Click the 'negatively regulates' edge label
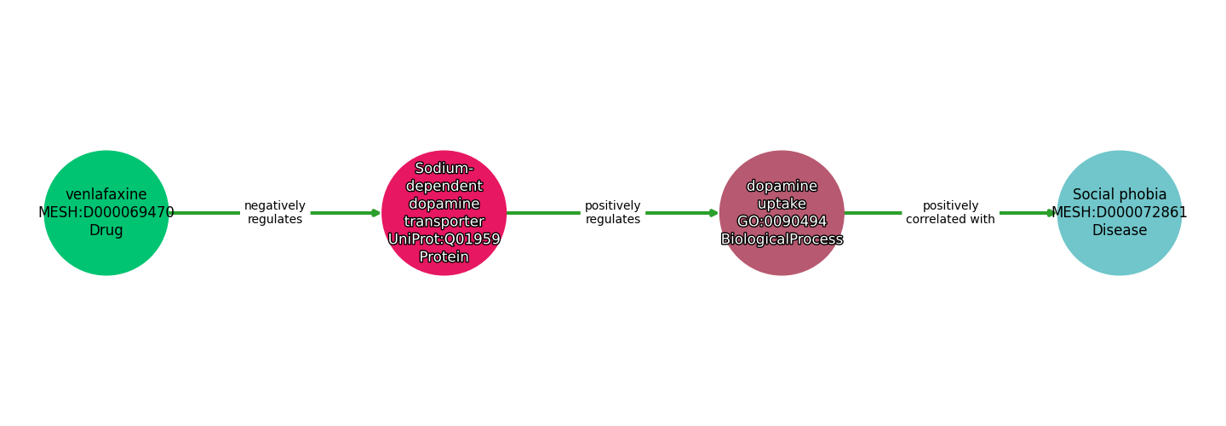(x=275, y=213)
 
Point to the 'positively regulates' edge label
(x=613, y=213)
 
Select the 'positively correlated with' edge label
(x=950, y=213)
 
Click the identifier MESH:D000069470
(x=106, y=213)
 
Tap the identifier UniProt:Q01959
(x=444, y=239)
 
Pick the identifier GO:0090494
(x=782, y=222)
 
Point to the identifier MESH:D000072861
(x=1120, y=213)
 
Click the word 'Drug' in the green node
(x=106, y=231)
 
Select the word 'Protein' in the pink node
(x=444, y=257)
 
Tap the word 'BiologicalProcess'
(x=782, y=239)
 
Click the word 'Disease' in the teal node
(x=1120, y=231)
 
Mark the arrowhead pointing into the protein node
(x=375, y=213)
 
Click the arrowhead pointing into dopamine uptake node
(x=713, y=213)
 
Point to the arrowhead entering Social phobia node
(x=1051, y=213)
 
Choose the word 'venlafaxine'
(x=106, y=195)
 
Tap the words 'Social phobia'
(x=1120, y=195)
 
